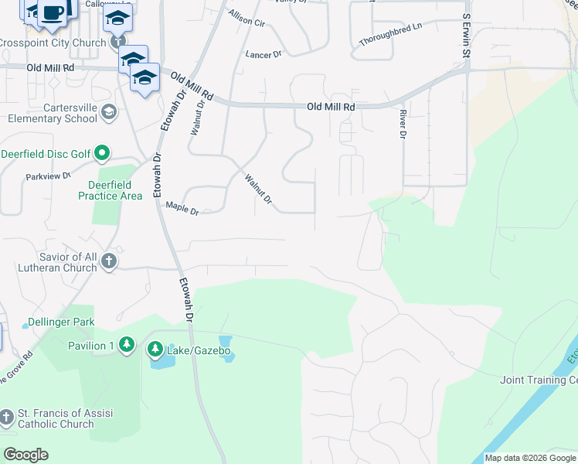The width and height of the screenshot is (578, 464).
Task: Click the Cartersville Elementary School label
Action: (53, 112)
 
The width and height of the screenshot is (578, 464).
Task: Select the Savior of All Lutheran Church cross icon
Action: (108, 261)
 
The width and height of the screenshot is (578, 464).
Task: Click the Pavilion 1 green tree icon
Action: (127, 345)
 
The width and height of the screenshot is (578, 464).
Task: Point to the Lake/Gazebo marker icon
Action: (155, 351)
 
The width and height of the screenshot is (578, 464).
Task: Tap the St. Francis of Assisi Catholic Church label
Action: (56, 418)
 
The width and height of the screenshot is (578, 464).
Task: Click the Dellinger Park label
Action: (60, 321)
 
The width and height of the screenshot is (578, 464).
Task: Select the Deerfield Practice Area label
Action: (110, 190)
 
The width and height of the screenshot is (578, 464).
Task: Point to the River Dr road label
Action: (403, 125)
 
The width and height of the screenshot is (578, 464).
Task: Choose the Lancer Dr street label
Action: (264, 55)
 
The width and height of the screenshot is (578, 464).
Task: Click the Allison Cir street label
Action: (246, 19)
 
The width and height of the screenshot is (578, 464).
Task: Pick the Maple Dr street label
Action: (182, 208)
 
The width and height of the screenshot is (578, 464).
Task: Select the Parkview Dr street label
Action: (48, 176)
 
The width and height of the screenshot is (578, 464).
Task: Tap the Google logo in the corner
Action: (25, 455)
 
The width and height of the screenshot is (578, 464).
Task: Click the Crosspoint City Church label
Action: (53, 43)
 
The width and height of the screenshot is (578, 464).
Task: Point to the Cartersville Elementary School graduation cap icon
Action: (109, 112)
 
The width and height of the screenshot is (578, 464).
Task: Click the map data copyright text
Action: (530, 458)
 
